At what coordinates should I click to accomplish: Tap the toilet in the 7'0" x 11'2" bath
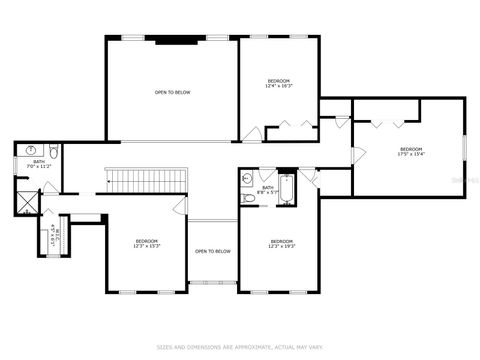[55, 152]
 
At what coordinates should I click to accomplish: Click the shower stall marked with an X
[25, 198]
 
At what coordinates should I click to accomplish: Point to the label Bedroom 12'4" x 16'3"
[278, 83]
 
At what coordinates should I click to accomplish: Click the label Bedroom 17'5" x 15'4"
[411, 151]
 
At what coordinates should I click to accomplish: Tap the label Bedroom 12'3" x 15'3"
[147, 243]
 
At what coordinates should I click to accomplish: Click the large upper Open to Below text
[172, 93]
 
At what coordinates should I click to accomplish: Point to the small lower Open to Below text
[213, 251]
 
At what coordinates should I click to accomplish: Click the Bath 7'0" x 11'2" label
[39, 164]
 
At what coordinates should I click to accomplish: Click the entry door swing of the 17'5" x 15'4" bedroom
[356, 156]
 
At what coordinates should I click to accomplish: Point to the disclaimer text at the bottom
[240, 348]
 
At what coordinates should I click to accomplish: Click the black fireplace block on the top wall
[172, 39]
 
